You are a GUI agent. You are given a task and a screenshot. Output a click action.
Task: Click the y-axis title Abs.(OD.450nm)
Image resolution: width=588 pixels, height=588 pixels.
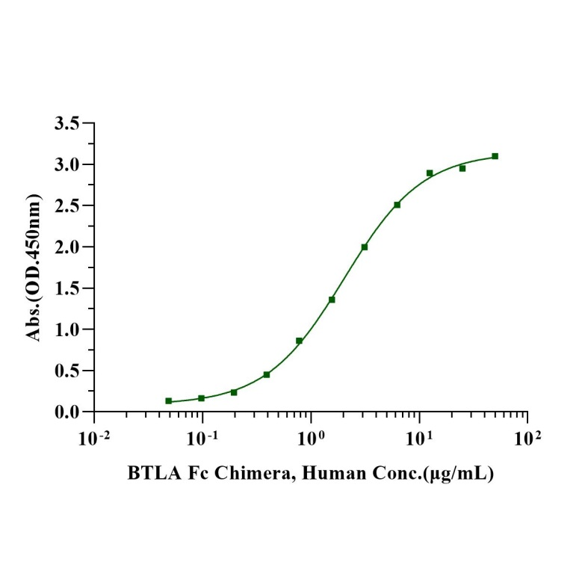[33, 267]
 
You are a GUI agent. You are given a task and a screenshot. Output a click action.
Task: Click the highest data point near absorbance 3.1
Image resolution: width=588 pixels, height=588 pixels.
[495, 156]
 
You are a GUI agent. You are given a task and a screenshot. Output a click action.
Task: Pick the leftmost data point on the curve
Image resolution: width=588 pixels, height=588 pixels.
[169, 401]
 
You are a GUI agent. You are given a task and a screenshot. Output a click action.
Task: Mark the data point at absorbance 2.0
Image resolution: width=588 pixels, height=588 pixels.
[365, 247]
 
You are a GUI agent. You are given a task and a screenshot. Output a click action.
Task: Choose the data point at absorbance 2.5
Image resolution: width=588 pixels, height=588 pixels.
[397, 205]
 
